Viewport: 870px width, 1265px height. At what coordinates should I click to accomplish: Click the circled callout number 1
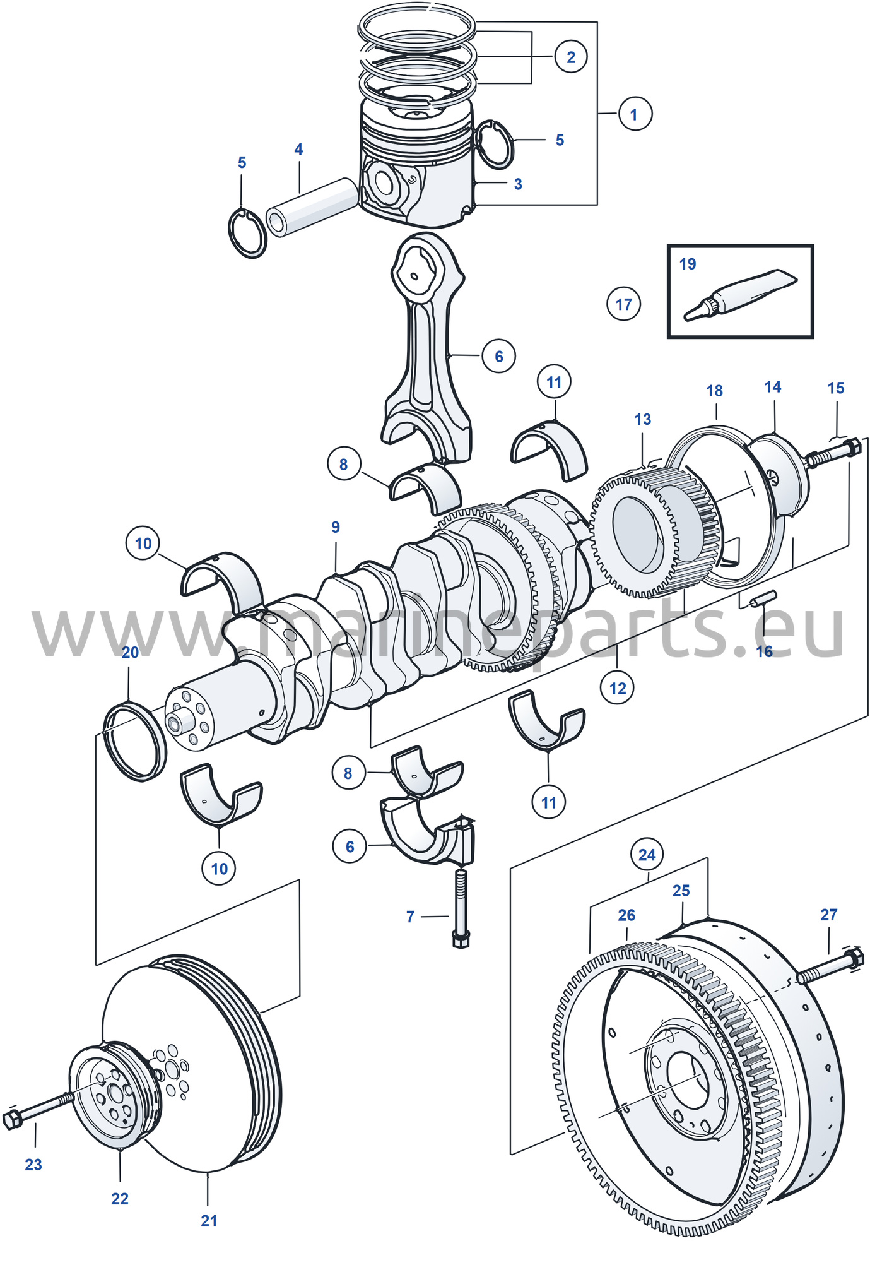634,114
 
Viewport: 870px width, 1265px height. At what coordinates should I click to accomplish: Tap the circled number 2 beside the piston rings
571,57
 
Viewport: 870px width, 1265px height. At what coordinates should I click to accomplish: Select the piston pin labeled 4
312,206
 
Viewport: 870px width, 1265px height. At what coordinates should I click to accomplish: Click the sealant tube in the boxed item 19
741,294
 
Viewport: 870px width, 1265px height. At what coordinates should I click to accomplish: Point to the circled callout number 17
624,304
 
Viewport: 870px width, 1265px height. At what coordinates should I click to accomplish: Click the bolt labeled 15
833,452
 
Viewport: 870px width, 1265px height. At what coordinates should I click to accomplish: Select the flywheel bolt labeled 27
830,966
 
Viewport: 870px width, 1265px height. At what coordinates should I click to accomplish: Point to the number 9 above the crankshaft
336,527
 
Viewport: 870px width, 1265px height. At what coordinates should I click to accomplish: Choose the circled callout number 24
647,855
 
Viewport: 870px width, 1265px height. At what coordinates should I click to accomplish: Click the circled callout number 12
618,687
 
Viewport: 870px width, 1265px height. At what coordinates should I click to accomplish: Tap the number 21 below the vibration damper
209,1221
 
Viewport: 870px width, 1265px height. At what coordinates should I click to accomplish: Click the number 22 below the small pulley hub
120,1199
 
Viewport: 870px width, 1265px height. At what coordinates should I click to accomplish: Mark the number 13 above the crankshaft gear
643,419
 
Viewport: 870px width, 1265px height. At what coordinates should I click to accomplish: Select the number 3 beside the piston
518,184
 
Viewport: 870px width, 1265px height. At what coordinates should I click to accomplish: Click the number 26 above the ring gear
626,915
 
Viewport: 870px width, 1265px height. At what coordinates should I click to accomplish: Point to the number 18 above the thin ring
714,391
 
